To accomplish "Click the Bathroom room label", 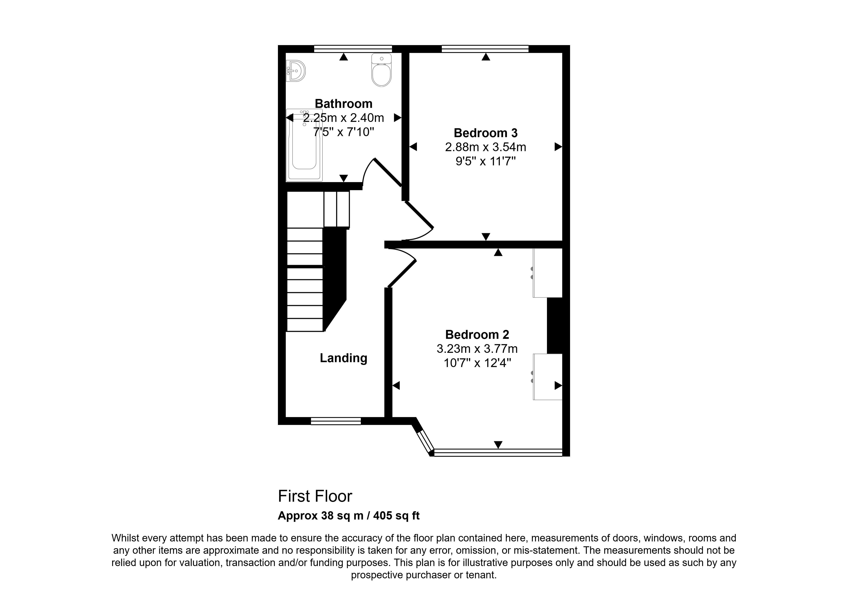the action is [343, 103].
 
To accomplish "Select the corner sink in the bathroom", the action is [296, 71].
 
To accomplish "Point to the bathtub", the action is [304, 145].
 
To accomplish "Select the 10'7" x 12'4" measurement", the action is [477, 363].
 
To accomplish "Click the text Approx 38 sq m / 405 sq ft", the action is [349, 516].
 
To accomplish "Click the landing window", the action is [336, 421].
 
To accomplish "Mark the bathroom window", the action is [353, 49].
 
